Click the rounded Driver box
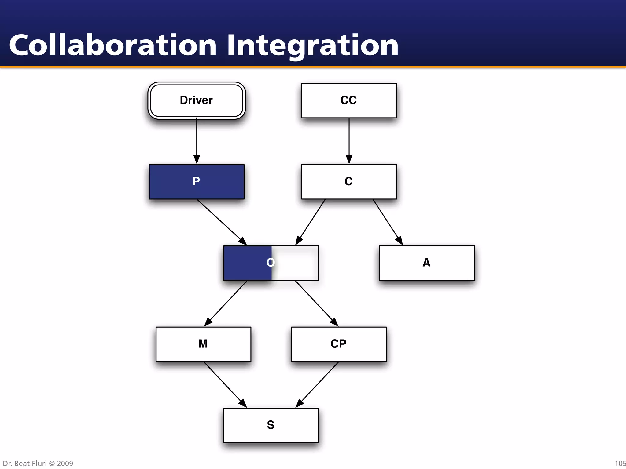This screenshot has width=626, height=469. click(197, 100)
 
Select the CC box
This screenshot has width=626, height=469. click(349, 100)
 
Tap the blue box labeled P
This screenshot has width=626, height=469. click(197, 182)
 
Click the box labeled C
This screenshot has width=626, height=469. click(349, 182)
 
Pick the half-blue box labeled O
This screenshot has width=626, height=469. click(271, 263)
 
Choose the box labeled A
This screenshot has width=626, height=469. click(427, 263)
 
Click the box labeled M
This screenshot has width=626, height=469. click(203, 344)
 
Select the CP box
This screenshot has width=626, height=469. click(339, 344)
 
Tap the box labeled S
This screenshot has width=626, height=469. click(271, 425)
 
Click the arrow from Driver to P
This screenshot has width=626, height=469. click(197, 140)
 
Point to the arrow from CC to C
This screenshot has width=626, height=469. click(349, 140)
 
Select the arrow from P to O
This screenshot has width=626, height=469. click(222, 222)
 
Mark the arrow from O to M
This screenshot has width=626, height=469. click(226, 303)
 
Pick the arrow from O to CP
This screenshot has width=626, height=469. click(317, 303)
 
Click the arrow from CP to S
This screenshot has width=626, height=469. click(317, 384)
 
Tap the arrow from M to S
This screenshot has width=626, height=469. click(225, 384)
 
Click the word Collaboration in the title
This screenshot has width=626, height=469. click(113, 45)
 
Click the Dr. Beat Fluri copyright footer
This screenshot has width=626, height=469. click(38, 464)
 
